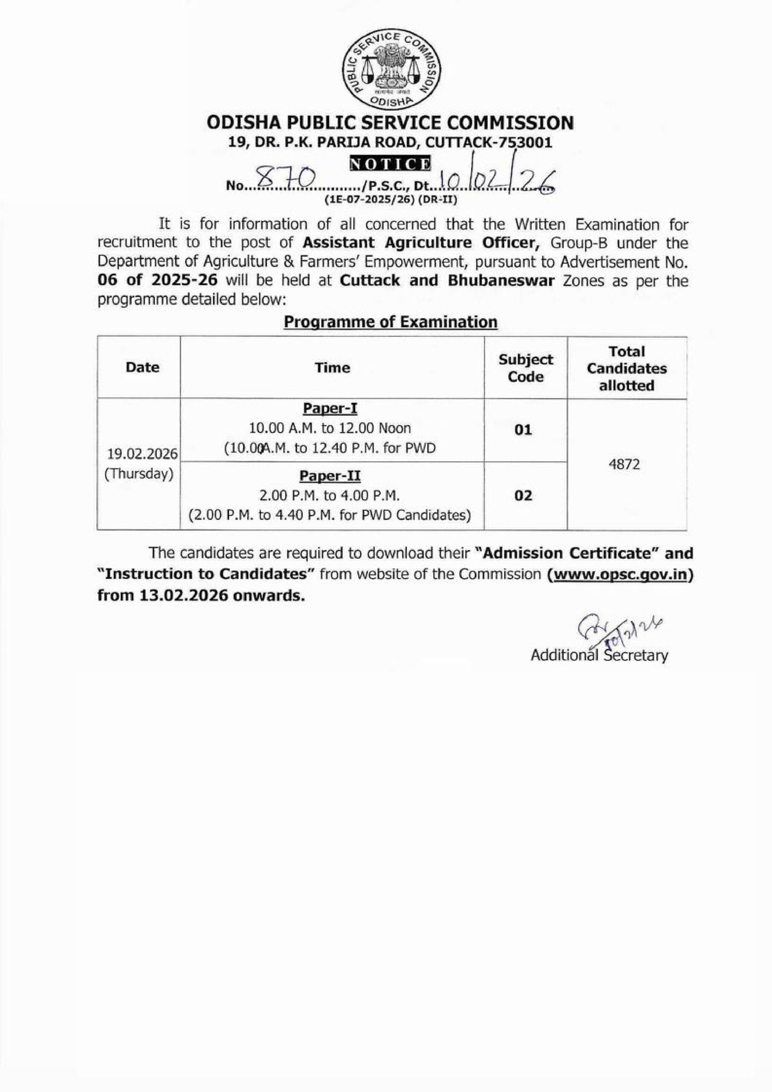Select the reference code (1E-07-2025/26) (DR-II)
click(390, 200)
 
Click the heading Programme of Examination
click(390, 322)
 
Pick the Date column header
click(143, 367)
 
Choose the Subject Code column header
click(525, 368)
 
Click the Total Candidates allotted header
click(627, 368)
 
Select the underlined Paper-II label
click(330, 476)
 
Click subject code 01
click(523, 430)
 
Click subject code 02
click(523, 496)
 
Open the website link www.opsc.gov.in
click(619, 574)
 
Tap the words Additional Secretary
click(599, 655)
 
